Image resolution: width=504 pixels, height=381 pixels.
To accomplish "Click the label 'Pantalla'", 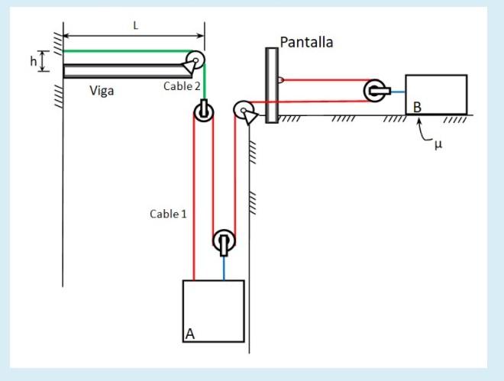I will point(306,43).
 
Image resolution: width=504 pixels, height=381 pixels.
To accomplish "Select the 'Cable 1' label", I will point(168,214).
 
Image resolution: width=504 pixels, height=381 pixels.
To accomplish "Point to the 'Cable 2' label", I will point(182,86).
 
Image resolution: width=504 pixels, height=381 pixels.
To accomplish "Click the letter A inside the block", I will point(190,333).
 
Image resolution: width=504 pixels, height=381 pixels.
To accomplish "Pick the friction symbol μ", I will point(438,144).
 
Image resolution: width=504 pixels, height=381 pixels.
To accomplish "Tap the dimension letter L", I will point(135,26).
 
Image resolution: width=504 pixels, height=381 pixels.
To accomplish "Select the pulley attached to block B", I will point(376,91).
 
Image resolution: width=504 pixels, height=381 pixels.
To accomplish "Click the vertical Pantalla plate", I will point(271,84).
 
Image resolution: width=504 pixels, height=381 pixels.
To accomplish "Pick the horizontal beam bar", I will point(122,71).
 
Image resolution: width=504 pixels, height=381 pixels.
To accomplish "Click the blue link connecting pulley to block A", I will point(224,268).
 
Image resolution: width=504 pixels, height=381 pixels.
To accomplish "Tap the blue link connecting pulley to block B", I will point(398,92).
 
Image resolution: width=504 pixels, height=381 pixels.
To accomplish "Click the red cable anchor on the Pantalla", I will point(280,79).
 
